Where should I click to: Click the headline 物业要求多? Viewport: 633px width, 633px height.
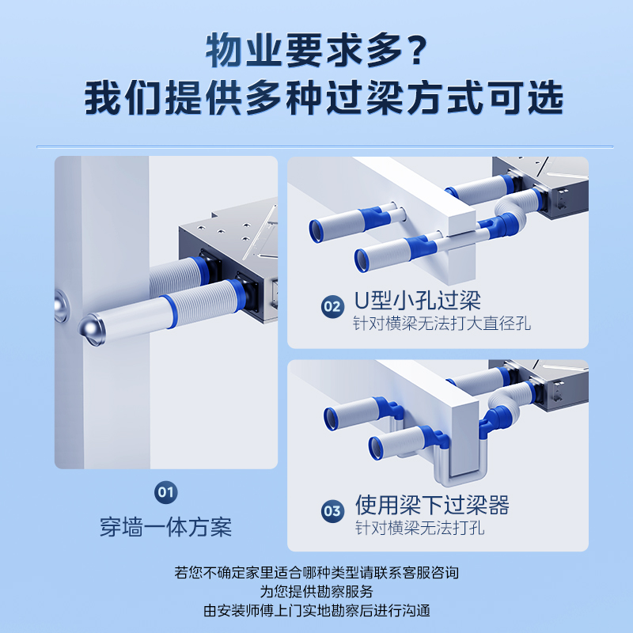coord(316,51)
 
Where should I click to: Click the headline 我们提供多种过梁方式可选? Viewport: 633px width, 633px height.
coord(324,98)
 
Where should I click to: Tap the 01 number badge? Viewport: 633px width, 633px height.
coord(166,492)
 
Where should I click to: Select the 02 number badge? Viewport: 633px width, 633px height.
coord(332,306)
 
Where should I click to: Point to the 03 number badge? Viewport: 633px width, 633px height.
coord(332,511)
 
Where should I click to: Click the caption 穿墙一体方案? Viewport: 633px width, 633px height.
coord(166,527)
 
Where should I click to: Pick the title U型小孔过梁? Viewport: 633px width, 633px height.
coord(418,301)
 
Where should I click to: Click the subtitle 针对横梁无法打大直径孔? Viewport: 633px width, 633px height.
coord(442,324)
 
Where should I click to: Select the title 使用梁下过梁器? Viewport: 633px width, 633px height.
coord(432,505)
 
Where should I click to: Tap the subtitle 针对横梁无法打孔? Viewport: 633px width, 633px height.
coord(420,528)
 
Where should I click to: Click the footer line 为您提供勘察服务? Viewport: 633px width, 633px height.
coord(316,591)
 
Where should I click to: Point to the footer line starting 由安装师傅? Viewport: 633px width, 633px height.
coord(316,610)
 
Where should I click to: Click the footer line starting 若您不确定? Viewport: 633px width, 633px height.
coord(316,572)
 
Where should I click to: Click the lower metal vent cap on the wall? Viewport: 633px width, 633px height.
coord(92,330)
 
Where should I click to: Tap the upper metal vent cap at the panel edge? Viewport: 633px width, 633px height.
coord(61,305)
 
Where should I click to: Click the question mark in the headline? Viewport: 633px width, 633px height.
coord(417,51)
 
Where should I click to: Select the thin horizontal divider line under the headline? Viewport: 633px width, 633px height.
coord(325,147)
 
